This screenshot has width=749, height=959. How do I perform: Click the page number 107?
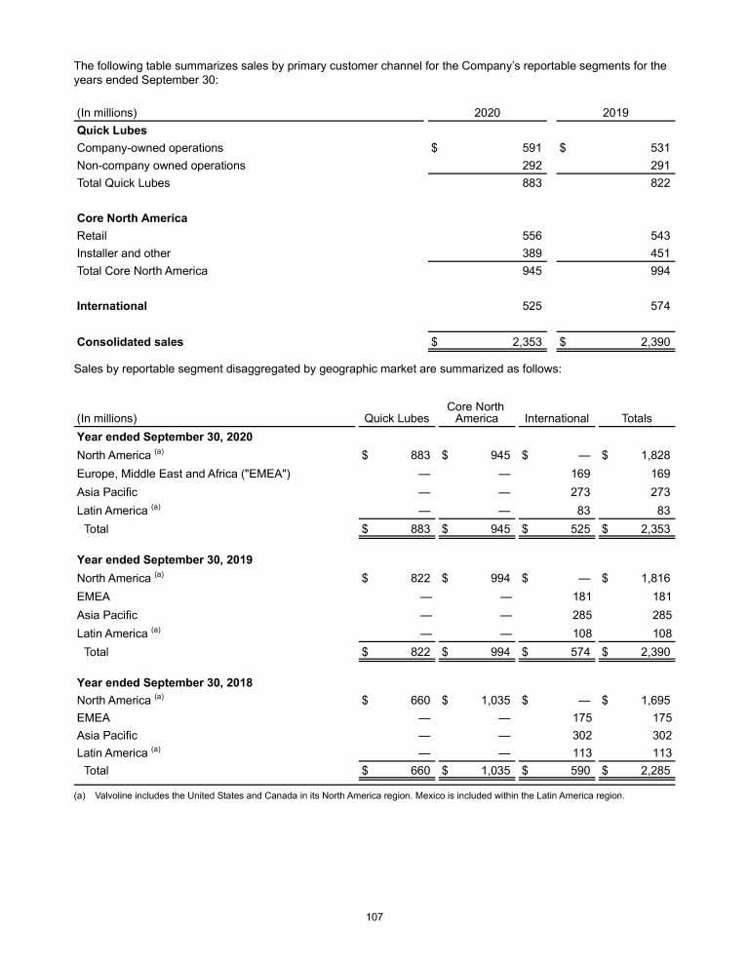pyautogui.click(x=374, y=917)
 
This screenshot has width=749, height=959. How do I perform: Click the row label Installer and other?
pyautogui.click(x=123, y=253)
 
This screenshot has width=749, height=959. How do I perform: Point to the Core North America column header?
pyautogui.click(x=475, y=412)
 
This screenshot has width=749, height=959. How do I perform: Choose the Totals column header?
pyautogui.click(x=636, y=419)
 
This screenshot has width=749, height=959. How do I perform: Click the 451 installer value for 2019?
pyautogui.click(x=659, y=253)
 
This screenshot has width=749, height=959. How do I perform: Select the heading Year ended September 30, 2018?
pyautogui.click(x=164, y=683)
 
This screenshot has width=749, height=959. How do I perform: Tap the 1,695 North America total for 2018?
pyautogui.click(x=653, y=701)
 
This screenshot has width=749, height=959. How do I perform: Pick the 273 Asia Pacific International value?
pyautogui.click(x=579, y=493)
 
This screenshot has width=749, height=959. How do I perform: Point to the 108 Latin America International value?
pyautogui.click(x=579, y=633)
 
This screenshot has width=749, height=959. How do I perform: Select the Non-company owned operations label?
pyautogui.click(x=161, y=166)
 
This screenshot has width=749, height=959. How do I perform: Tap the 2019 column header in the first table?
pyautogui.click(x=614, y=112)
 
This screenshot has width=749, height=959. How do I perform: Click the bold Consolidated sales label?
pyautogui.click(x=130, y=342)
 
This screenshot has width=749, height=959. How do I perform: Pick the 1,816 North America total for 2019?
pyautogui.click(x=653, y=578)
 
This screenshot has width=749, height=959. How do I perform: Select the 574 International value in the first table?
pyautogui.click(x=659, y=306)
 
